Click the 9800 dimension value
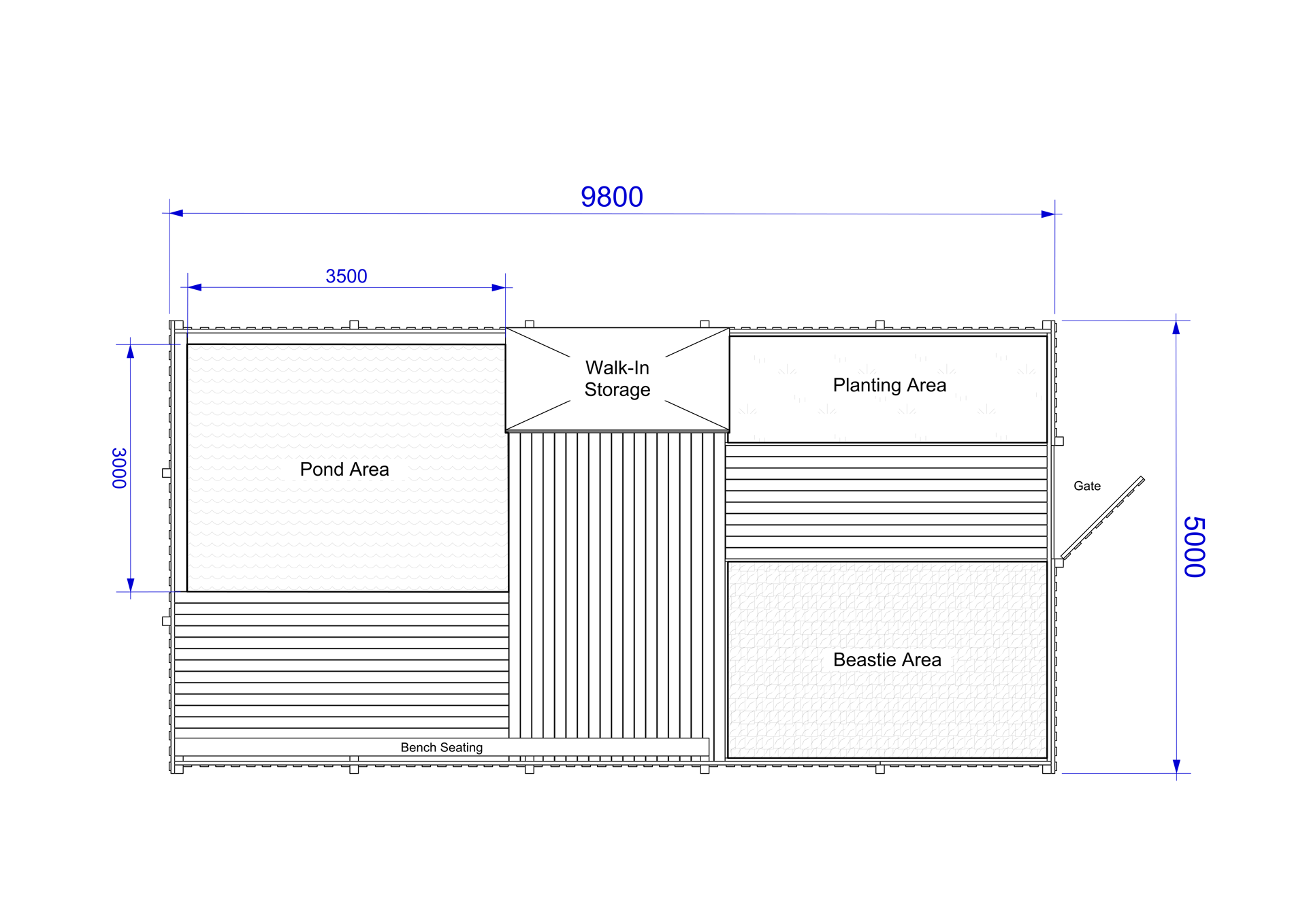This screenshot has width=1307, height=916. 611,197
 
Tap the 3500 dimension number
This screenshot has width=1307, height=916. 346,276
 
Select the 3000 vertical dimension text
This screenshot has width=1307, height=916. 119,468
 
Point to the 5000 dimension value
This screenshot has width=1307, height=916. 1195,547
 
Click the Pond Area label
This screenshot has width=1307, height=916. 344,470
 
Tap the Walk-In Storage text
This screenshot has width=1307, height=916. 617,378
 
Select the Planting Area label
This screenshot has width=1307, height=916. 890,385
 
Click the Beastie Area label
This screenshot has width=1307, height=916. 887,659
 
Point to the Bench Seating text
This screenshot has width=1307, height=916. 442,747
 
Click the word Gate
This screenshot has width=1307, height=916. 1087,486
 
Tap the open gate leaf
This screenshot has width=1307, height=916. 1103,518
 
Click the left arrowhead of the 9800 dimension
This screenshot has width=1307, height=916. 176,213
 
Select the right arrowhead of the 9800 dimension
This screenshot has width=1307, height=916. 1048,214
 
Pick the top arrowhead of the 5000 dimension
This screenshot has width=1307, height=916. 1176,327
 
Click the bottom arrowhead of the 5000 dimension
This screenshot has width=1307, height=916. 1176,766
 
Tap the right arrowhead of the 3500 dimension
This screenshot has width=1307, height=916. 498,288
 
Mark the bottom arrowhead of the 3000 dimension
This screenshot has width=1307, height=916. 131,585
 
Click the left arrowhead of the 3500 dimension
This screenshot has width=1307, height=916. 195,287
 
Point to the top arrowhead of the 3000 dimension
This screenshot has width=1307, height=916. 131,351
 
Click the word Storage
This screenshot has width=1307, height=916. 617,390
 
